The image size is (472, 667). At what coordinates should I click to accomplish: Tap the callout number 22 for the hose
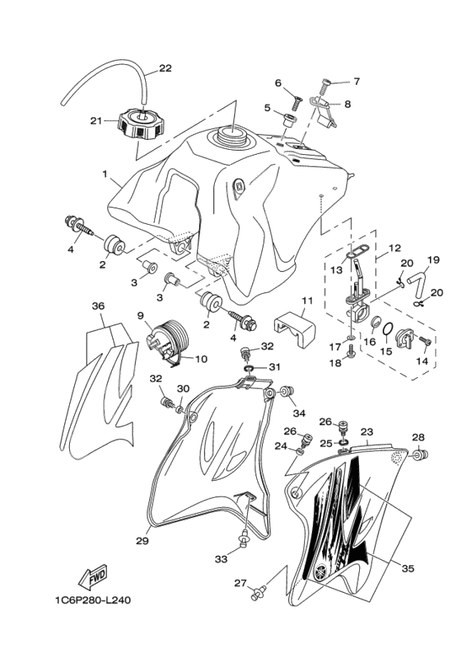click(165, 68)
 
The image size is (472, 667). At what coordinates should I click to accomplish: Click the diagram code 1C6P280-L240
click(93, 600)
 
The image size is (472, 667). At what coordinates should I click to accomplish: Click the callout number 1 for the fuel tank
click(105, 174)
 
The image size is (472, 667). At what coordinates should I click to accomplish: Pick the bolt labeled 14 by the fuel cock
click(424, 341)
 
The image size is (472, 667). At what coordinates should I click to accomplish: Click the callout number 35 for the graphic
click(407, 568)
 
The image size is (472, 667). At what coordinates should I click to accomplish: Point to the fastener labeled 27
click(257, 592)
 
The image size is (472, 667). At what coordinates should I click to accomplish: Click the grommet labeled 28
click(421, 455)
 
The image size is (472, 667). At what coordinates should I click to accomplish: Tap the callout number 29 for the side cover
click(142, 541)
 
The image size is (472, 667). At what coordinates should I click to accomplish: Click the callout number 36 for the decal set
click(99, 307)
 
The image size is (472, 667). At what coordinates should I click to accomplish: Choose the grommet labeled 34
click(288, 392)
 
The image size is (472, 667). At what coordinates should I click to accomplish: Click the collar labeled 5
click(289, 118)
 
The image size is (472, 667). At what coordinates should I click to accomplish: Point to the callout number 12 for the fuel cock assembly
click(395, 248)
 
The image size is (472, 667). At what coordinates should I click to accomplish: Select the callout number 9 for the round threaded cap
click(141, 316)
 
